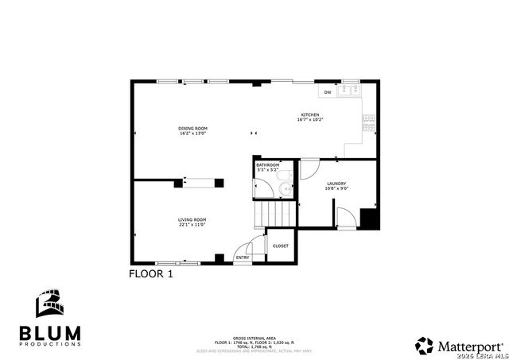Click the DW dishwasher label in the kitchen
point(327,92)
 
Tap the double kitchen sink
point(348,91)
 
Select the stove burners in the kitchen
point(369,121)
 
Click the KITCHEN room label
point(309,114)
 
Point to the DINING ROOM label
point(192,128)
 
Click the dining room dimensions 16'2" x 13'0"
point(192,134)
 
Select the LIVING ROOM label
point(192,219)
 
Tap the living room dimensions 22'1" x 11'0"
point(192,225)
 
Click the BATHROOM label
point(267,165)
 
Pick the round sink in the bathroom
point(283,190)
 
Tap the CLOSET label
point(281,246)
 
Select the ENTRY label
point(243,257)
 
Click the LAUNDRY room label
point(336,184)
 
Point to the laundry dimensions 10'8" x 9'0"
point(336,189)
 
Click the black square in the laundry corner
point(368,219)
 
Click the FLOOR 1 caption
point(150,273)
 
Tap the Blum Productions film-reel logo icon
point(49,305)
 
